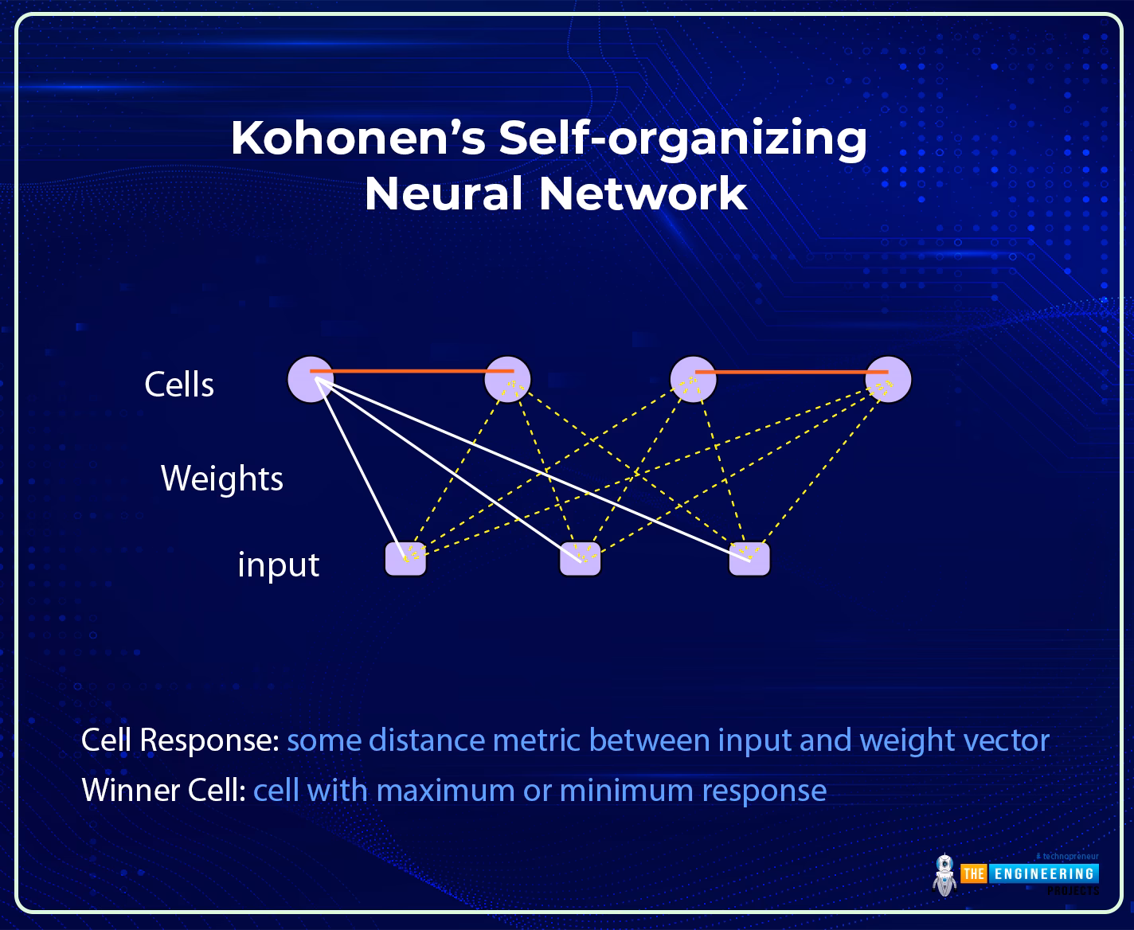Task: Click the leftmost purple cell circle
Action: pyautogui.click(x=311, y=380)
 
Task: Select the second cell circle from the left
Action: pyautogui.click(x=507, y=380)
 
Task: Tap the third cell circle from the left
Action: pyautogui.click(x=693, y=380)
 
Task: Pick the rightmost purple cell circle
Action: pyautogui.click(x=888, y=380)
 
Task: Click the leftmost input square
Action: pyautogui.click(x=405, y=559)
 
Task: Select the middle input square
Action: pyautogui.click(x=580, y=559)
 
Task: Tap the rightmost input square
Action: pyautogui.click(x=749, y=559)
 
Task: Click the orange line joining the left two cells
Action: pyautogui.click(x=410, y=371)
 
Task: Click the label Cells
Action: pyautogui.click(x=179, y=385)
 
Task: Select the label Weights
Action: pyautogui.click(x=222, y=479)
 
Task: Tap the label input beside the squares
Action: pyautogui.click(x=278, y=565)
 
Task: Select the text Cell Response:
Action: pyautogui.click(x=180, y=740)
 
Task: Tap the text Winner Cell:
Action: pyautogui.click(x=163, y=791)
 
